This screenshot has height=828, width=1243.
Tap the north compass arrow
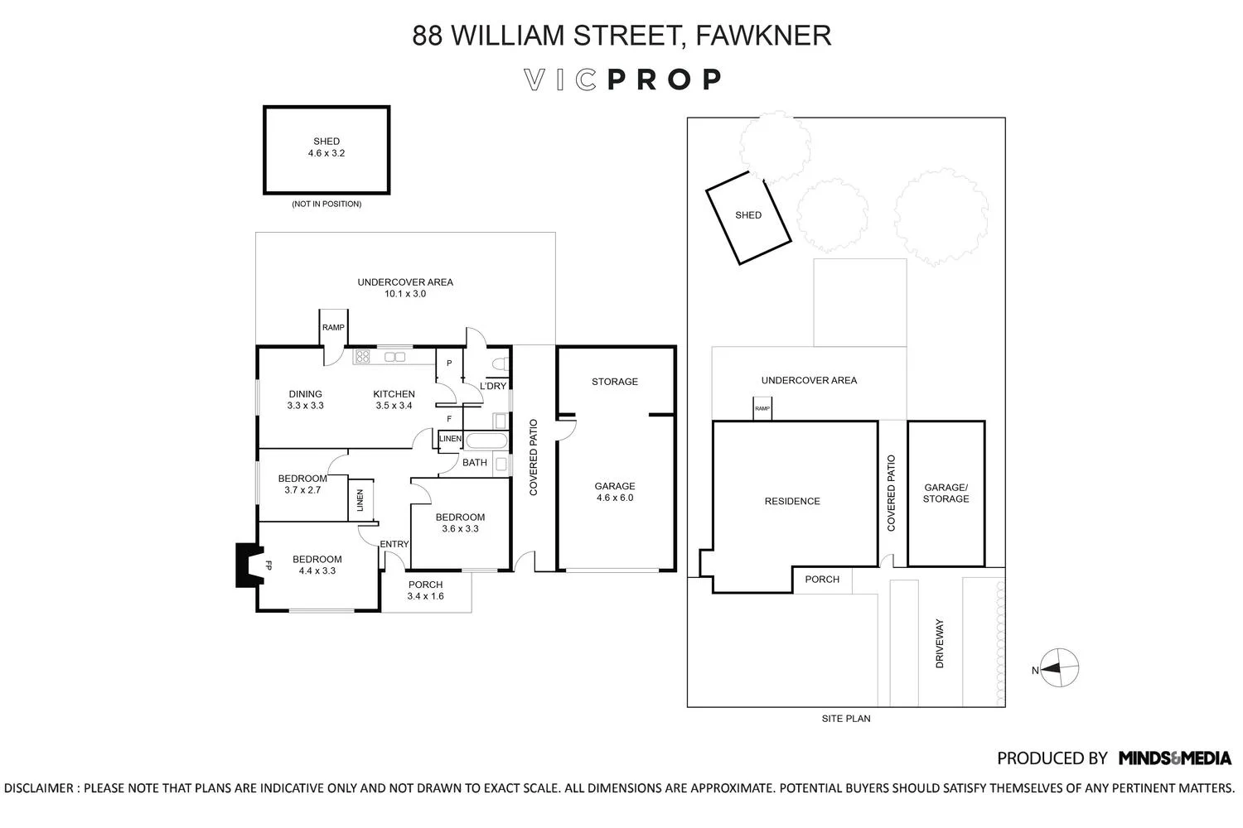pyautogui.click(x=1051, y=668)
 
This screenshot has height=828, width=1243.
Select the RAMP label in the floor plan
pyautogui.click(x=333, y=327)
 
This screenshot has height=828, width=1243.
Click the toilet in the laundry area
pyautogui.click(x=500, y=363)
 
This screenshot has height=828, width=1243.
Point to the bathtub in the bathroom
pyautogui.click(x=486, y=440)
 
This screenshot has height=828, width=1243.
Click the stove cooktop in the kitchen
pyautogui.click(x=362, y=356)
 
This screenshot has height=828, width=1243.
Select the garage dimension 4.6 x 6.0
pyautogui.click(x=615, y=498)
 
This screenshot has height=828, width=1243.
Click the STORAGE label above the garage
pyautogui.click(x=615, y=382)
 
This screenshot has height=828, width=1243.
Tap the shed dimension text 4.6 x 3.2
pyautogui.click(x=326, y=153)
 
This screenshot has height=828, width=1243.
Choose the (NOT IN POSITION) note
pyautogui.click(x=326, y=204)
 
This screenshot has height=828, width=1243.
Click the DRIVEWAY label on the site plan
pyautogui.click(x=940, y=643)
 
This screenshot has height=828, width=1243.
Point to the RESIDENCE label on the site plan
pyautogui.click(x=792, y=501)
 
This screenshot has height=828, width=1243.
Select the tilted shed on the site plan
pyautogui.click(x=748, y=218)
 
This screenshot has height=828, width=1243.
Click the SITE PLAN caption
pyautogui.click(x=846, y=719)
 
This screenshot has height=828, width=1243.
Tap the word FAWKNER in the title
pyautogui.click(x=763, y=36)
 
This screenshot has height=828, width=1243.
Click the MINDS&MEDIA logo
pyautogui.click(x=1175, y=758)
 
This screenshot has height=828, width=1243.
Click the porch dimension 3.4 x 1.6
pyautogui.click(x=426, y=596)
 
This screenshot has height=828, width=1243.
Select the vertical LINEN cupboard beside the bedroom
pyautogui.click(x=360, y=500)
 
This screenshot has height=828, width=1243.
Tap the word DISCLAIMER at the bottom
pyautogui.click(x=39, y=788)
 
